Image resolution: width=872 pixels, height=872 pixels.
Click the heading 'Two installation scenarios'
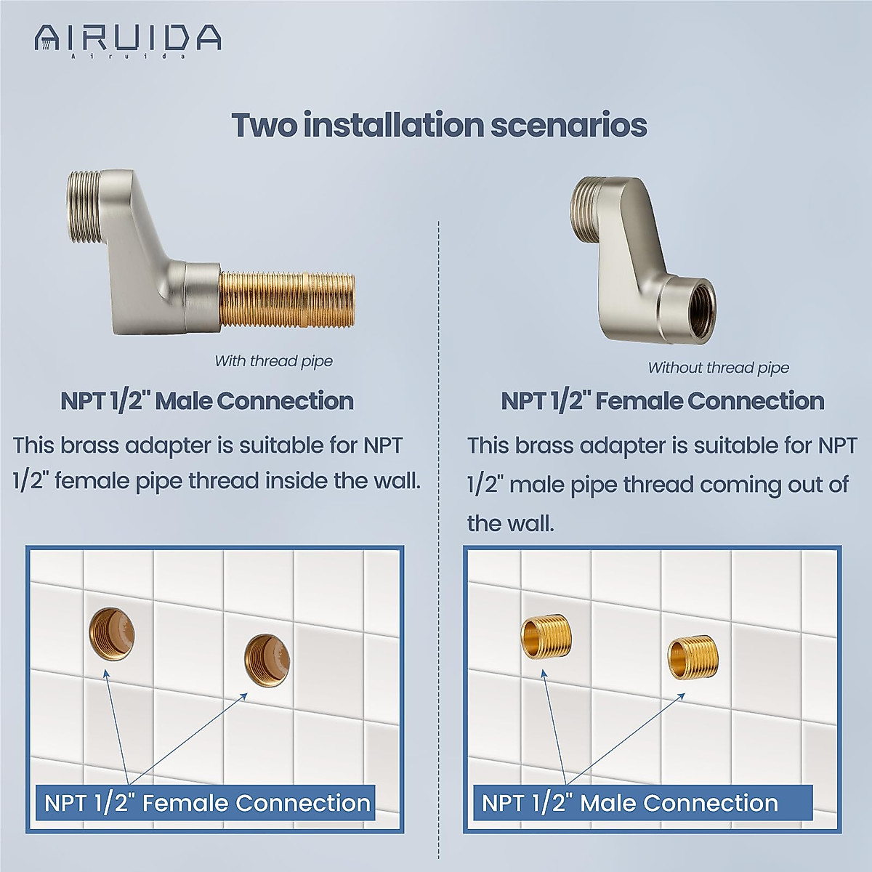pyautogui.click(x=439, y=125)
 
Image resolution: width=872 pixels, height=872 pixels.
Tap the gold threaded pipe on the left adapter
pyautogui.click(x=286, y=299)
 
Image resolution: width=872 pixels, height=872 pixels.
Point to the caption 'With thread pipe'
pyautogui.click(x=273, y=361)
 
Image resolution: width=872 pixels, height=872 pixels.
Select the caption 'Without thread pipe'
pyautogui.click(x=718, y=368)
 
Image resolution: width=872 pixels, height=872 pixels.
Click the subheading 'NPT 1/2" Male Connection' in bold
pyautogui.click(x=206, y=401)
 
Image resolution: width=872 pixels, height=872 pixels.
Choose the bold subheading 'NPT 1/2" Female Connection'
pyautogui.click(x=662, y=401)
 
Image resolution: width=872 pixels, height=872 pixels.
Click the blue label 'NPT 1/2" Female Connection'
pyautogui.click(x=207, y=803)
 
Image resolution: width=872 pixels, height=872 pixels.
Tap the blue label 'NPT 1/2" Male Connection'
pyautogui.click(x=630, y=803)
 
